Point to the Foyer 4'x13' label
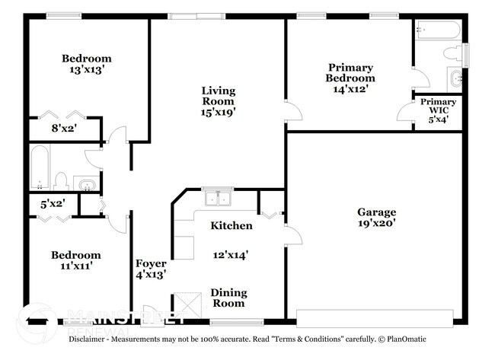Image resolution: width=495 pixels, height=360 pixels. [151, 269]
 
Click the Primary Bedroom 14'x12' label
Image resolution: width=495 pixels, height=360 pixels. [350, 78]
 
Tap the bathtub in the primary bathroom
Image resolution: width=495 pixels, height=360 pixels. [439, 30]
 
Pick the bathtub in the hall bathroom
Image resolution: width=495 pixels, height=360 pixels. [40, 169]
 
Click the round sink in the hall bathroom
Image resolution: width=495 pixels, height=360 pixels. [86, 183]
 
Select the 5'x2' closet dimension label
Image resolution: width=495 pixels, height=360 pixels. [53, 203]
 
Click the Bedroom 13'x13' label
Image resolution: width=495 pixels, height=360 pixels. [86, 64]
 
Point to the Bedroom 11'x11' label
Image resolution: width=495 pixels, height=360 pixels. [75, 260]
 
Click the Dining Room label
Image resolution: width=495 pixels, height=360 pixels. [228, 298]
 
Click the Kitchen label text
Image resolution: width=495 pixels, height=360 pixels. [232, 225]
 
